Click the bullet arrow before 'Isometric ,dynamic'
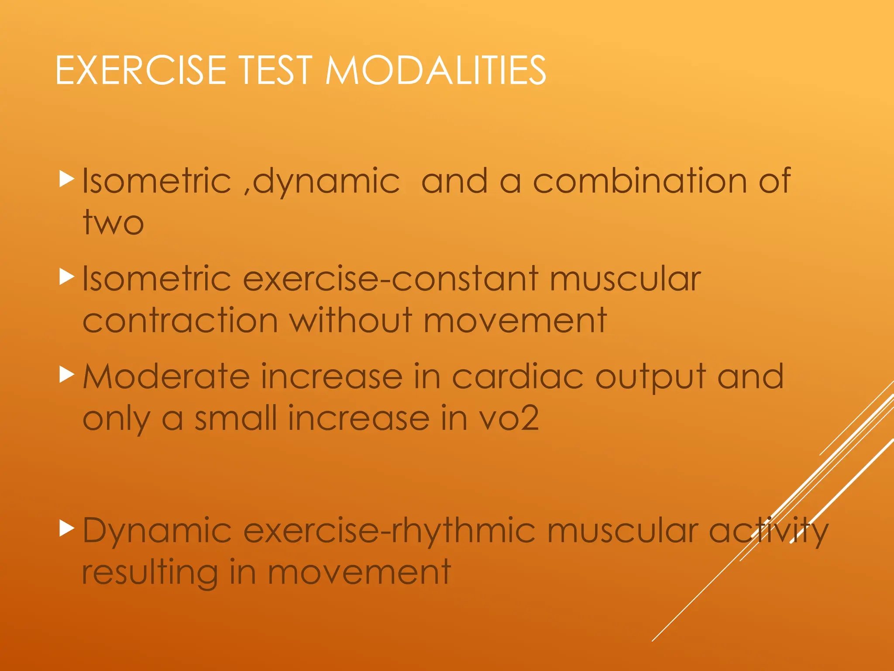pos(67,180)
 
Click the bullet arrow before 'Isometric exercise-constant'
pos(67,277)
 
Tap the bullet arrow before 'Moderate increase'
pos(67,375)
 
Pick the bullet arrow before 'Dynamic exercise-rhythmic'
pos(67,529)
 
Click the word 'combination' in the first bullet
pos(640,181)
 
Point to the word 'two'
pos(113,223)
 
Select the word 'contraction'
pos(180,321)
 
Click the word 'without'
pos(351,321)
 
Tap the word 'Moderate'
pos(166,377)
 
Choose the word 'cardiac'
pos(518,377)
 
